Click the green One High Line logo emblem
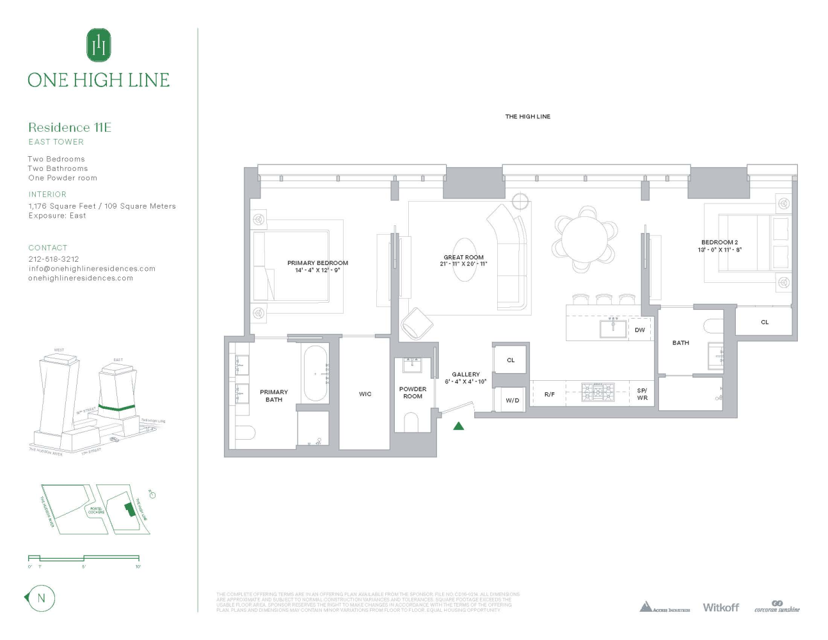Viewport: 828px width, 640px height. coord(99,45)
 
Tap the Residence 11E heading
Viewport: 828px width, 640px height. coord(70,127)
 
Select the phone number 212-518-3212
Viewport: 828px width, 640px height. coord(54,259)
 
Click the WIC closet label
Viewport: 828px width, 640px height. coord(365,394)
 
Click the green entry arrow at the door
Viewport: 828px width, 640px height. coord(459,426)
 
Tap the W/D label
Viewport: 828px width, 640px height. coord(513,401)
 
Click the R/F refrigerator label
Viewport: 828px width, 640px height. coord(549,394)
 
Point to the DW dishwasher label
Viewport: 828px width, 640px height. coord(640,330)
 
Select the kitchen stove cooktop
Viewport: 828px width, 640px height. coord(598,392)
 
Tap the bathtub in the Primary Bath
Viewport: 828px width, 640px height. coord(315,374)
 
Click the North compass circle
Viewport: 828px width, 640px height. coord(42,598)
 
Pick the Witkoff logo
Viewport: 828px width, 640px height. coord(721,607)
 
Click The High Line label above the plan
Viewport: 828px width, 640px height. coord(527,116)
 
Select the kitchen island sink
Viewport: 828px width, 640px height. coord(613,328)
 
